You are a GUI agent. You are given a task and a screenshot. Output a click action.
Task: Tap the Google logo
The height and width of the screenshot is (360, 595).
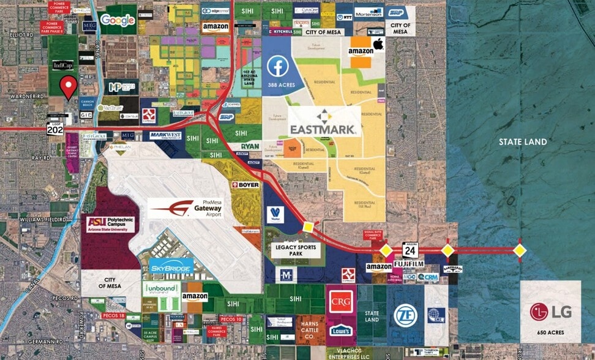pyautogui.click(x=118, y=20)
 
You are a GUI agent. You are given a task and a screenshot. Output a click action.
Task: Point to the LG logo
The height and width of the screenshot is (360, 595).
pyautogui.click(x=550, y=312)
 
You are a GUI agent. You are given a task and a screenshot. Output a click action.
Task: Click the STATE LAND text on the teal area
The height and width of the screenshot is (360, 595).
pyautogui.click(x=522, y=142)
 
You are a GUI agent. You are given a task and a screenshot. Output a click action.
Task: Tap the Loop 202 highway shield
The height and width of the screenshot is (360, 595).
pyautogui.click(x=55, y=127)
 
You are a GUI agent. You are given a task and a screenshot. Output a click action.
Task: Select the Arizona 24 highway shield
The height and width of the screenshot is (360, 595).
pyautogui.click(x=410, y=250)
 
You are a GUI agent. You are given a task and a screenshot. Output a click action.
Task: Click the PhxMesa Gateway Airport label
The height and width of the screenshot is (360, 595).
pyautogui.click(x=186, y=208)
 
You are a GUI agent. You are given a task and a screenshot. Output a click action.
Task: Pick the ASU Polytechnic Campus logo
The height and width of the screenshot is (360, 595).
pyautogui.click(x=111, y=224)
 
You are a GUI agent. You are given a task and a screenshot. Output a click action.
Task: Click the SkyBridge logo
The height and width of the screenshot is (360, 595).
pyautogui.click(x=171, y=268)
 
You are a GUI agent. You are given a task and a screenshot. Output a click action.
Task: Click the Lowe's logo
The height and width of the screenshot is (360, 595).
pyautogui.click(x=340, y=330)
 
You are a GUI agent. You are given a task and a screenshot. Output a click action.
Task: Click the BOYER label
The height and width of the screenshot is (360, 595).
pyautogui.click(x=245, y=184)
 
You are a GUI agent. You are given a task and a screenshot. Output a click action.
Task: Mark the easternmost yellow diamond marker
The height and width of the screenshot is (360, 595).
pyautogui.click(x=520, y=250)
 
